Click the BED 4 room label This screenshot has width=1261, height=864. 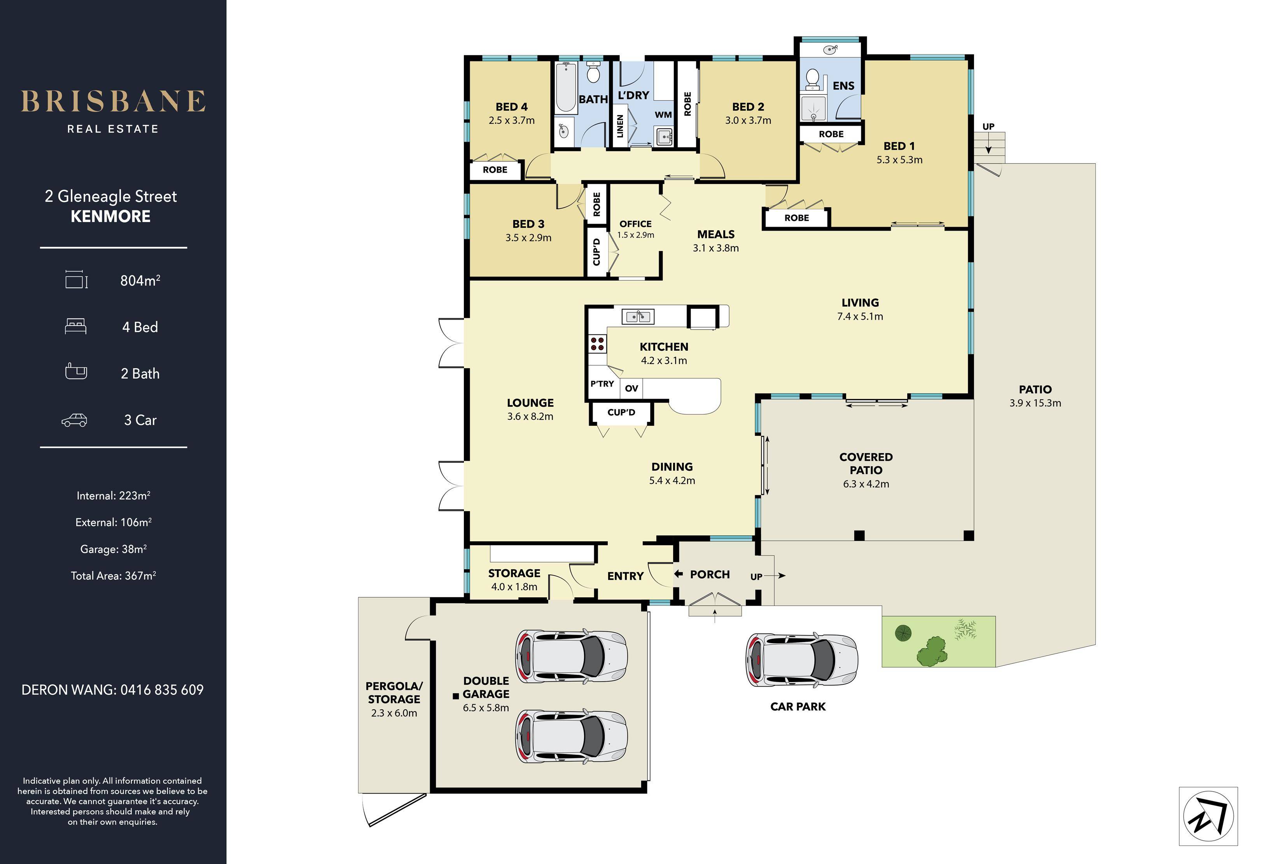511,107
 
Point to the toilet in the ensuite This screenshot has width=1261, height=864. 812,79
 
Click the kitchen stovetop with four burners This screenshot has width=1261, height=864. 598,343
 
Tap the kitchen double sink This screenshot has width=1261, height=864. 638,316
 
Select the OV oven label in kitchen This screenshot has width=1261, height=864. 631,388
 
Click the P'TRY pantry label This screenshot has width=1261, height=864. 602,384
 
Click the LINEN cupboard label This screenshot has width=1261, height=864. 620,126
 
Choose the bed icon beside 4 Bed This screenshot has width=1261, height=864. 75,326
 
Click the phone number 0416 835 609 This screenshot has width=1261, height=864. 162,690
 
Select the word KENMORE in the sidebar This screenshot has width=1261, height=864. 111,217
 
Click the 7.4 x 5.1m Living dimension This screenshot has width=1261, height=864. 860,317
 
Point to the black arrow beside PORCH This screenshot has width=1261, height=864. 678,574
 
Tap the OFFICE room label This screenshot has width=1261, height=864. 635,224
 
